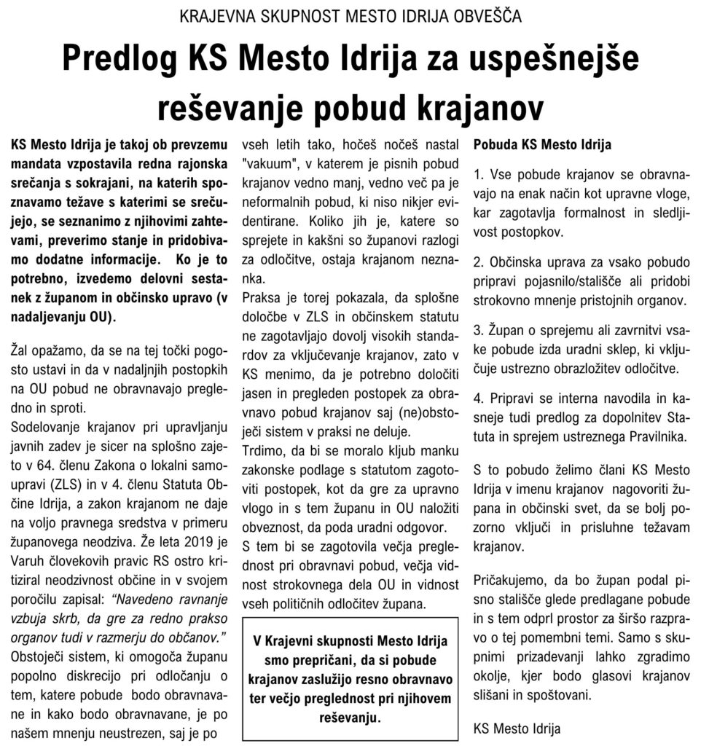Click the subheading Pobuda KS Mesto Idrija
point(542,144)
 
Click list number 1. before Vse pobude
point(479,176)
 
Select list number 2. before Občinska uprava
point(479,261)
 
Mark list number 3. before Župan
point(479,329)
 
